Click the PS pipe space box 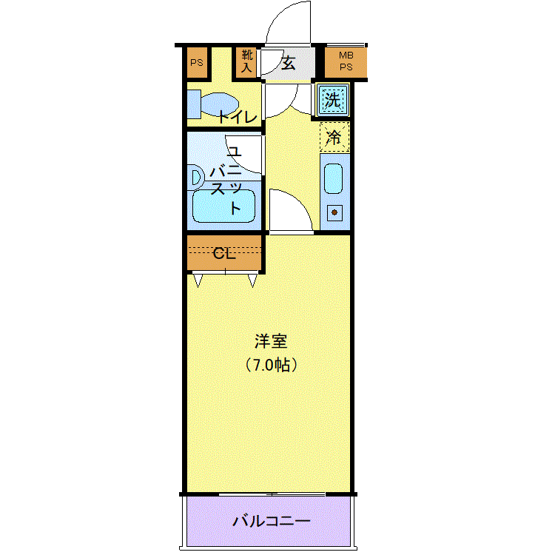click(x=197, y=62)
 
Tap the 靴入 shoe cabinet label click(x=246, y=61)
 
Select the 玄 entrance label click(x=288, y=64)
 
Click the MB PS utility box click(x=346, y=61)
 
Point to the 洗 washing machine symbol click(x=333, y=100)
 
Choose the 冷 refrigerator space click(x=334, y=137)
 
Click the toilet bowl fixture click(x=212, y=104)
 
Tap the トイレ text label click(x=238, y=117)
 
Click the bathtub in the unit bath click(x=223, y=206)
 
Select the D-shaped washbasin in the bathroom click(x=197, y=178)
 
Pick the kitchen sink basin click(x=334, y=178)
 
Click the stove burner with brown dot click(x=334, y=212)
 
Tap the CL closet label click(x=224, y=253)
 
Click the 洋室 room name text click(x=271, y=341)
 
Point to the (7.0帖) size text click(x=271, y=365)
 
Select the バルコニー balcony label click(x=271, y=521)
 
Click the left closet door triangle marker click(x=198, y=280)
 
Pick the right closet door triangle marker click(x=252, y=280)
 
